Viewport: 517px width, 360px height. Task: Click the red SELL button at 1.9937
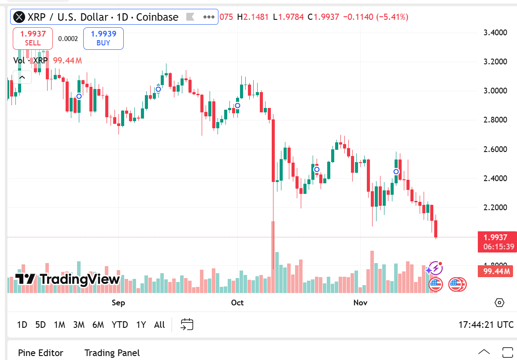[33, 38]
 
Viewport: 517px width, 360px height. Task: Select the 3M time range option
[79, 325]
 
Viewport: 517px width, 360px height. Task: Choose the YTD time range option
[120, 325]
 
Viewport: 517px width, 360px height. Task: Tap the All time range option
[159, 325]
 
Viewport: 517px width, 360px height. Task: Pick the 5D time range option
[41, 325]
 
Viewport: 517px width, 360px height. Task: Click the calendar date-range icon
[187, 325]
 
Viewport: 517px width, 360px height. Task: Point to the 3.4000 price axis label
[495, 33]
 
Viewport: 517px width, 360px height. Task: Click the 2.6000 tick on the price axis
[495, 149]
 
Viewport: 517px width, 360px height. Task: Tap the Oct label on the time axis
[237, 303]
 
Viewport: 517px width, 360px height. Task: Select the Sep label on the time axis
[118, 303]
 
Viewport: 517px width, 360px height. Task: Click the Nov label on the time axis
[360, 303]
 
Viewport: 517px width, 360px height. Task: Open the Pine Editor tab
[41, 353]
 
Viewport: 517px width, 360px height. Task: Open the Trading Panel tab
[112, 353]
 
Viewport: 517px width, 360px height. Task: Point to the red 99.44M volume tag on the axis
[496, 271]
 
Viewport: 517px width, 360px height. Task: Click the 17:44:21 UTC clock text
[486, 325]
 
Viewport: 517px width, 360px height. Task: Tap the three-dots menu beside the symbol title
[208, 17]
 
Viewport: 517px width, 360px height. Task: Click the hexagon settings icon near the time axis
[499, 303]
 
